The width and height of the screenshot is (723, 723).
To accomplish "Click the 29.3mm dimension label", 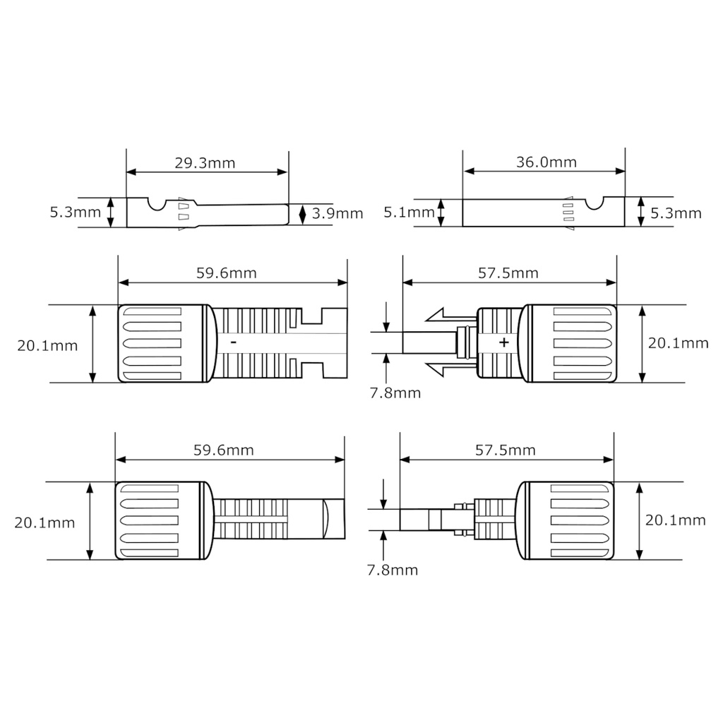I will (x=205, y=163).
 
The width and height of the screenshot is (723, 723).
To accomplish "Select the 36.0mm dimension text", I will (x=546, y=162).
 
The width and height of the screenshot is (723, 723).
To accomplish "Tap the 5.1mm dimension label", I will (x=409, y=212).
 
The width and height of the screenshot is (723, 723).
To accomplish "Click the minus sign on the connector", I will (x=233, y=342).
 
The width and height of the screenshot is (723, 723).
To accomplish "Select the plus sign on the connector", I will (x=503, y=342).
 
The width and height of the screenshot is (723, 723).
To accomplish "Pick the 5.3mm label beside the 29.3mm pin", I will (x=76, y=212).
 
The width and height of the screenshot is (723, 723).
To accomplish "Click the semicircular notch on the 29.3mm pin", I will (x=157, y=203).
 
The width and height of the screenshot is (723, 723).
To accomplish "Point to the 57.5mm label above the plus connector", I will (x=508, y=273).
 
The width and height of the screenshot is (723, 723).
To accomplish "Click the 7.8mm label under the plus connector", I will (x=395, y=393).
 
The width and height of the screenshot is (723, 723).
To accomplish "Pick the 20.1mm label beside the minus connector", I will (x=47, y=345).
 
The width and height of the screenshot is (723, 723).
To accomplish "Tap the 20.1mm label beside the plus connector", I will (x=678, y=343).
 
